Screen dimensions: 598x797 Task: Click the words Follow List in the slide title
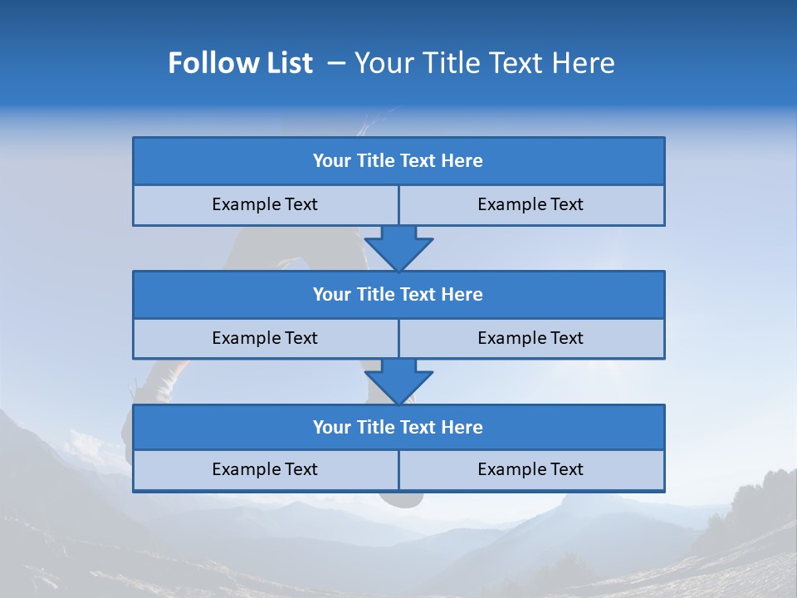click(x=240, y=63)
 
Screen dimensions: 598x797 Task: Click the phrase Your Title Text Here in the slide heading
click(x=484, y=63)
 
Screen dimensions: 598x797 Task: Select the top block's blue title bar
click(x=398, y=161)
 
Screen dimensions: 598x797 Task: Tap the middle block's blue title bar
click(x=398, y=295)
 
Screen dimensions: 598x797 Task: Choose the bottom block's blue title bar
click(x=398, y=428)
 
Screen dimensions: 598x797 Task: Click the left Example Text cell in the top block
click(x=265, y=205)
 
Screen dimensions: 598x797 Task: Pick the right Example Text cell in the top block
click(x=531, y=205)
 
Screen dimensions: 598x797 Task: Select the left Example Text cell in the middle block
click(x=265, y=339)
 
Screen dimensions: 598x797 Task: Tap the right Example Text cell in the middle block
click(x=531, y=339)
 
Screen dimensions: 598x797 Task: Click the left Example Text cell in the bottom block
click(x=265, y=470)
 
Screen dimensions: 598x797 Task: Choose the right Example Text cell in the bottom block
click(x=531, y=470)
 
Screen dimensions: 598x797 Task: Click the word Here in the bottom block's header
click(x=462, y=428)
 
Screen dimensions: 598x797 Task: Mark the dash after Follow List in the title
click(x=336, y=63)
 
